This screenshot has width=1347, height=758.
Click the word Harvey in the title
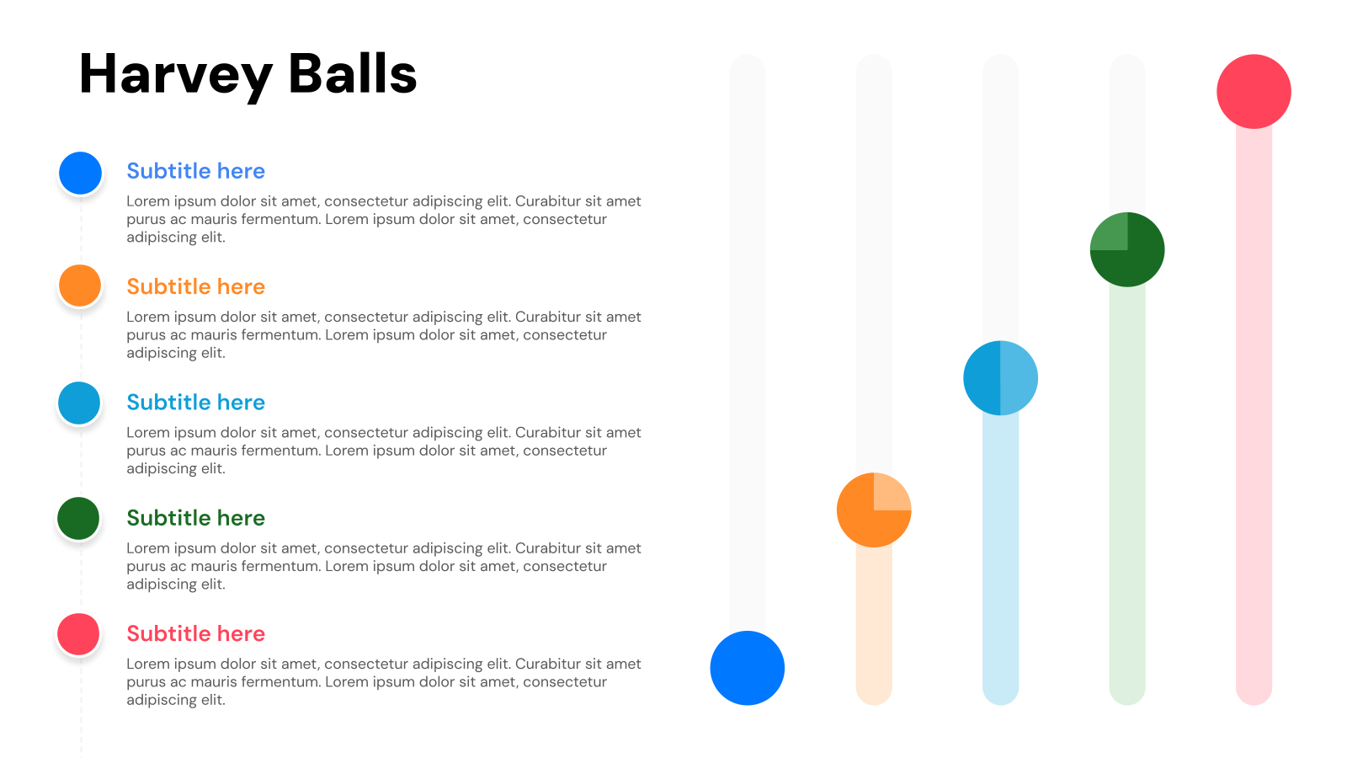[175, 74]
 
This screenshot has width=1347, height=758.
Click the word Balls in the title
[352, 74]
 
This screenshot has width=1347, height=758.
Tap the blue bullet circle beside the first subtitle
[81, 173]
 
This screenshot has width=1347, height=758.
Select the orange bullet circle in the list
[80, 286]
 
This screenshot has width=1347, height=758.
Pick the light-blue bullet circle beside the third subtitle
[79, 403]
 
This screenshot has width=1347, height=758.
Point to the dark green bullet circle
[78, 518]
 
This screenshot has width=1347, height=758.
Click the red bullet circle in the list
[78, 634]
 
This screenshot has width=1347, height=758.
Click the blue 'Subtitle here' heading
[195, 171]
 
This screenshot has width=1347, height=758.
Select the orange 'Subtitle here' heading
[195, 286]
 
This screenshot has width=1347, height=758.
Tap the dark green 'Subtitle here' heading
[195, 518]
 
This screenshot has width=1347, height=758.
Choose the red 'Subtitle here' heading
[195, 633]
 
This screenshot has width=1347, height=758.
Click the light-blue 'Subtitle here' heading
[195, 403]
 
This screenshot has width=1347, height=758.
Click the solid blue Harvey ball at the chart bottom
[747, 668]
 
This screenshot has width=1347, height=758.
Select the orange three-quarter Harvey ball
[867, 518]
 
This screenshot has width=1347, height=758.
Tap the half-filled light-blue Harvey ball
[1000, 378]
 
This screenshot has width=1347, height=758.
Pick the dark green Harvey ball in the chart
[1132, 257]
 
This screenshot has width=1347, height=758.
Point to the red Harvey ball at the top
[1254, 92]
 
